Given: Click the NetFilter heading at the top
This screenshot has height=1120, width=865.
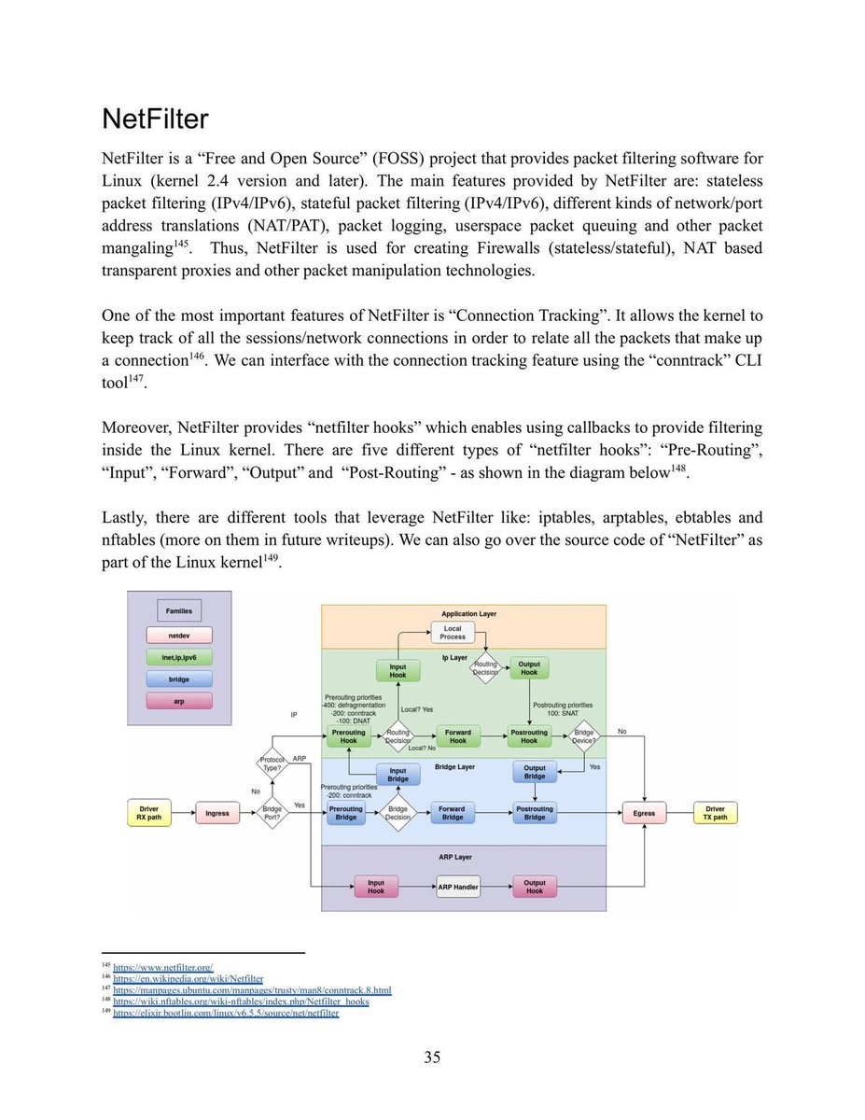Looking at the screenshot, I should point(155,119).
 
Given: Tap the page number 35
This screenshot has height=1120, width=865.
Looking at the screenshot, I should point(432,1057).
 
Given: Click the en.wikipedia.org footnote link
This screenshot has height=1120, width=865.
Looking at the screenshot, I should point(188,979).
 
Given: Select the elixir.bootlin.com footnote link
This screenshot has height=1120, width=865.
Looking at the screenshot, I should point(226,1013).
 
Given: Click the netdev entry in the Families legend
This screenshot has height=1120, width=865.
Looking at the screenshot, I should point(179,636).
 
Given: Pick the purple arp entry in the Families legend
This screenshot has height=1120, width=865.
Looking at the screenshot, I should point(179,700).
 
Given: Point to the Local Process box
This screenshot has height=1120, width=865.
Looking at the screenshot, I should point(453,633).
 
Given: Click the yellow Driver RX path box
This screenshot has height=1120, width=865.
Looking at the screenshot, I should point(148,813).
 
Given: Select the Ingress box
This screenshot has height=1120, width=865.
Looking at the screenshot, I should point(216,813).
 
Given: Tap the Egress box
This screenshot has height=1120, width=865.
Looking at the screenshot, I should point(644,813).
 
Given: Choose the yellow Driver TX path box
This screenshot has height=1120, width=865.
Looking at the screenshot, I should point(715,813).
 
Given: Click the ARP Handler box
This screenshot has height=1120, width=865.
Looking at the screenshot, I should point(458,887).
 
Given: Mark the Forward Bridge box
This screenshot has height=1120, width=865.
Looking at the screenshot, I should point(453,813).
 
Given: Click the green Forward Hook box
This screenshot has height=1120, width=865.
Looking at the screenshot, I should point(457,737).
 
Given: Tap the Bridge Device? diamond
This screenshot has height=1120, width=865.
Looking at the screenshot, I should point(584,737).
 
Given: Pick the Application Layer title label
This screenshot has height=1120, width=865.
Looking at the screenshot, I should point(464,614).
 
